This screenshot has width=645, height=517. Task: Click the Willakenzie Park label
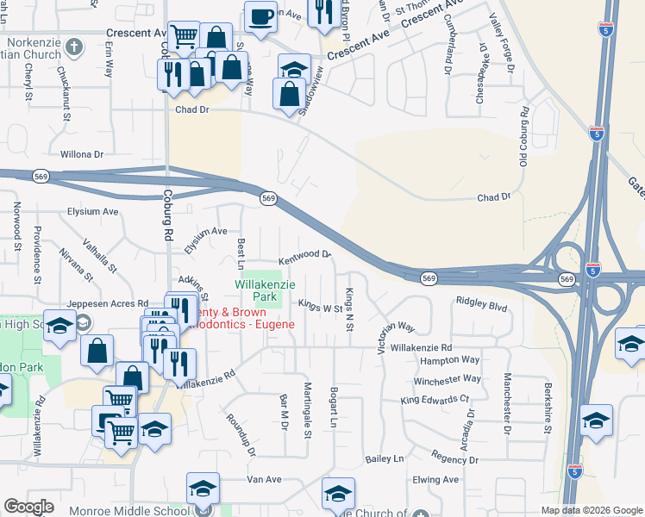tap(258, 290)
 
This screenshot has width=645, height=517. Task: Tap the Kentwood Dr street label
tap(304, 257)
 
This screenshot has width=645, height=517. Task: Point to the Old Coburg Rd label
tap(523, 137)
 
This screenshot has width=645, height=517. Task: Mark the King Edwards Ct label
tap(434, 400)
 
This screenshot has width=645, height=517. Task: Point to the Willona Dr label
tap(82, 155)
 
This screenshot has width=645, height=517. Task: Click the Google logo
tap(28, 507)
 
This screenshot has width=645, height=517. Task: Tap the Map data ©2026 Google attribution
tap(591, 510)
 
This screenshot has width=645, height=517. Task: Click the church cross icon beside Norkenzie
tap(74, 46)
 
